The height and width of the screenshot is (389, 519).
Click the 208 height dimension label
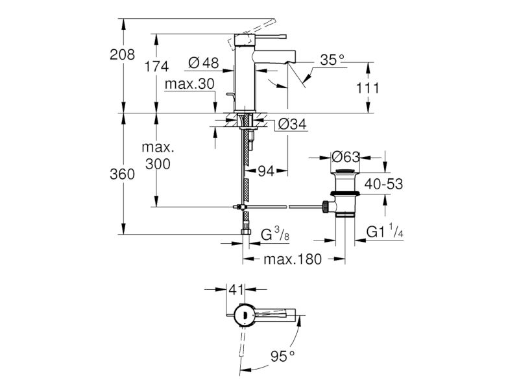pos(122,54)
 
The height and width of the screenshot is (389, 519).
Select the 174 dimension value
pos(156,67)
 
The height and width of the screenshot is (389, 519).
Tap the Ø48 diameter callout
pos(203,62)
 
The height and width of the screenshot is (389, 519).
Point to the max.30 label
pos(189,84)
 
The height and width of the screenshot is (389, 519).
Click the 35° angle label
pos(332,60)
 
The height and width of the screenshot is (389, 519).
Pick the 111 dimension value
pos(367,88)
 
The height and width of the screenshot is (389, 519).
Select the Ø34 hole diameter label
pos(293,124)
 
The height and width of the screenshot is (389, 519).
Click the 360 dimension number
pos(122,174)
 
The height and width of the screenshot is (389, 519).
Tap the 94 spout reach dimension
pos(266,171)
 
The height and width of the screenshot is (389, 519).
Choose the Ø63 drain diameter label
pos(345,157)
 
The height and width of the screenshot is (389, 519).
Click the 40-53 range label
pos(383,184)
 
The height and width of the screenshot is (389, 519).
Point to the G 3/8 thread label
pos(275,234)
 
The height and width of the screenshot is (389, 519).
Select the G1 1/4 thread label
pos(385,231)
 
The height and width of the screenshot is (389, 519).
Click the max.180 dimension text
pos(293,259)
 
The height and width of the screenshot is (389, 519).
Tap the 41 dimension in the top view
pos(236,289)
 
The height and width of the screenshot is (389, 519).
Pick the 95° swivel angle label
pos(282,356)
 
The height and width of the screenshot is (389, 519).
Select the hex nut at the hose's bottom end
pos(245,231)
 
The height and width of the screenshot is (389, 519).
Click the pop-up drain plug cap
pos(345,171)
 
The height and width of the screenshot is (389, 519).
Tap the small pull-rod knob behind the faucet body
pos(230,95)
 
